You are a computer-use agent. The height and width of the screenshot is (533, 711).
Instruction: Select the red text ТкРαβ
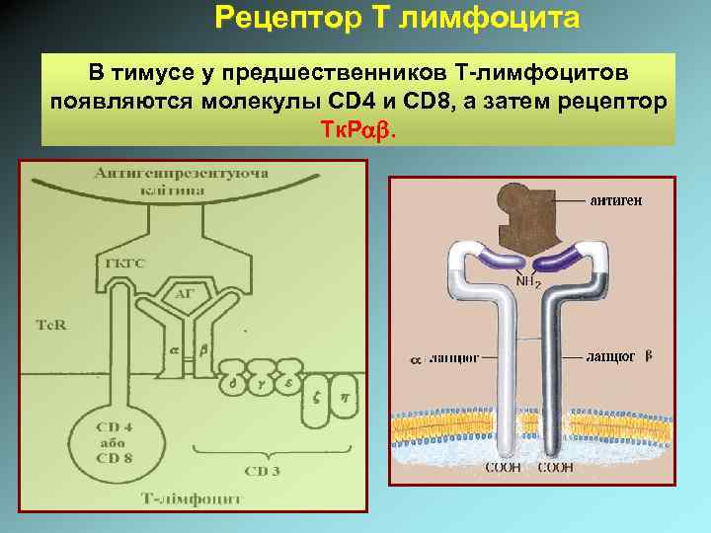point(355,130)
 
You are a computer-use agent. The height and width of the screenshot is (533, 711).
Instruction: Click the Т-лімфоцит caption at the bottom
point(194,499)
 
